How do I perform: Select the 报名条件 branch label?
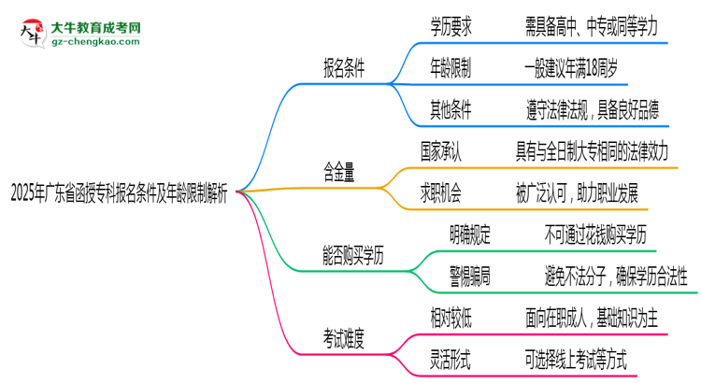[343, 68]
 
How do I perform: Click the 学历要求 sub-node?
[450, 27]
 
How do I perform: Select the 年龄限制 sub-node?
[450, 68]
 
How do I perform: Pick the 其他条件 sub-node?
[450, 110]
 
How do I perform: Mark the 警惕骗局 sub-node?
[472, 276]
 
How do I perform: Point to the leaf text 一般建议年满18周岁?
[571, 68]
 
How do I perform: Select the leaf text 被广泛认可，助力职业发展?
[577, 192]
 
